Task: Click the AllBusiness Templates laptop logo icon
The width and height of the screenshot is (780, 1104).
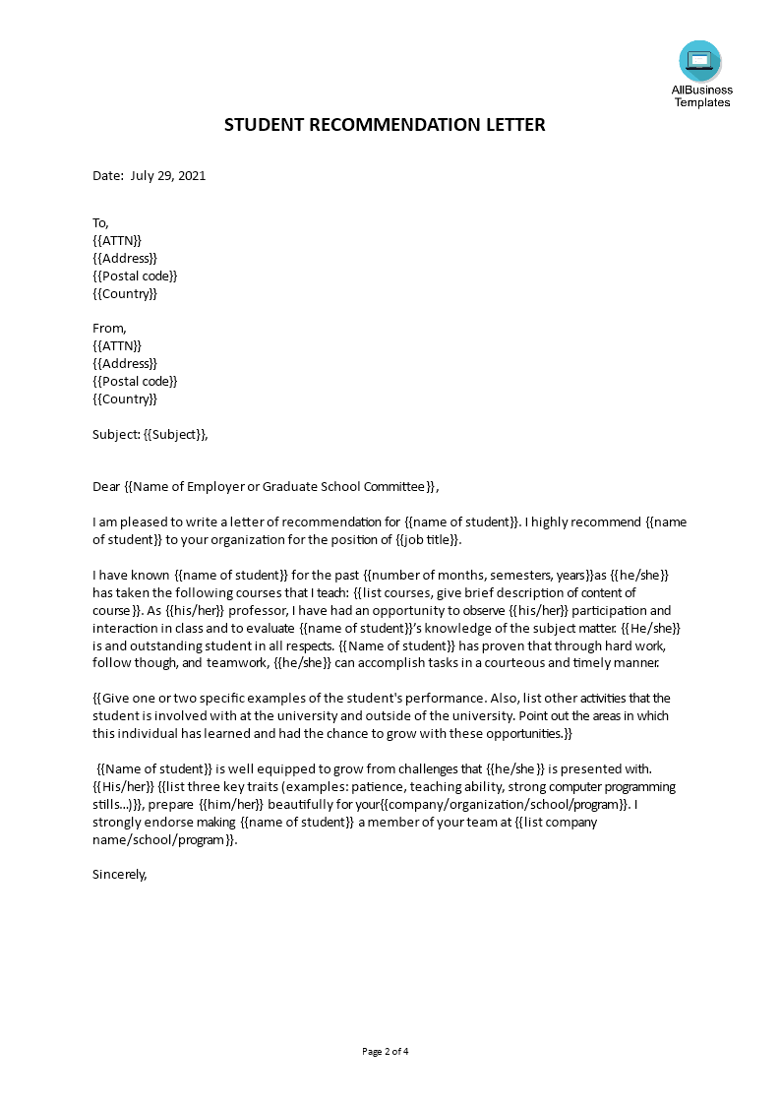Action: point(699,61)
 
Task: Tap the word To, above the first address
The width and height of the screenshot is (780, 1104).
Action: point(100,222)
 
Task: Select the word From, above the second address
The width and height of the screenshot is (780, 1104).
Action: point(109,329)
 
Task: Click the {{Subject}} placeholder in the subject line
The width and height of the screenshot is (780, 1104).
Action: point(175,434)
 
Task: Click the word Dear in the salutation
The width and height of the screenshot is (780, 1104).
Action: point(106,486)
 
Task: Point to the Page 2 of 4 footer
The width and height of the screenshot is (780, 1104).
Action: point(386,1051)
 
